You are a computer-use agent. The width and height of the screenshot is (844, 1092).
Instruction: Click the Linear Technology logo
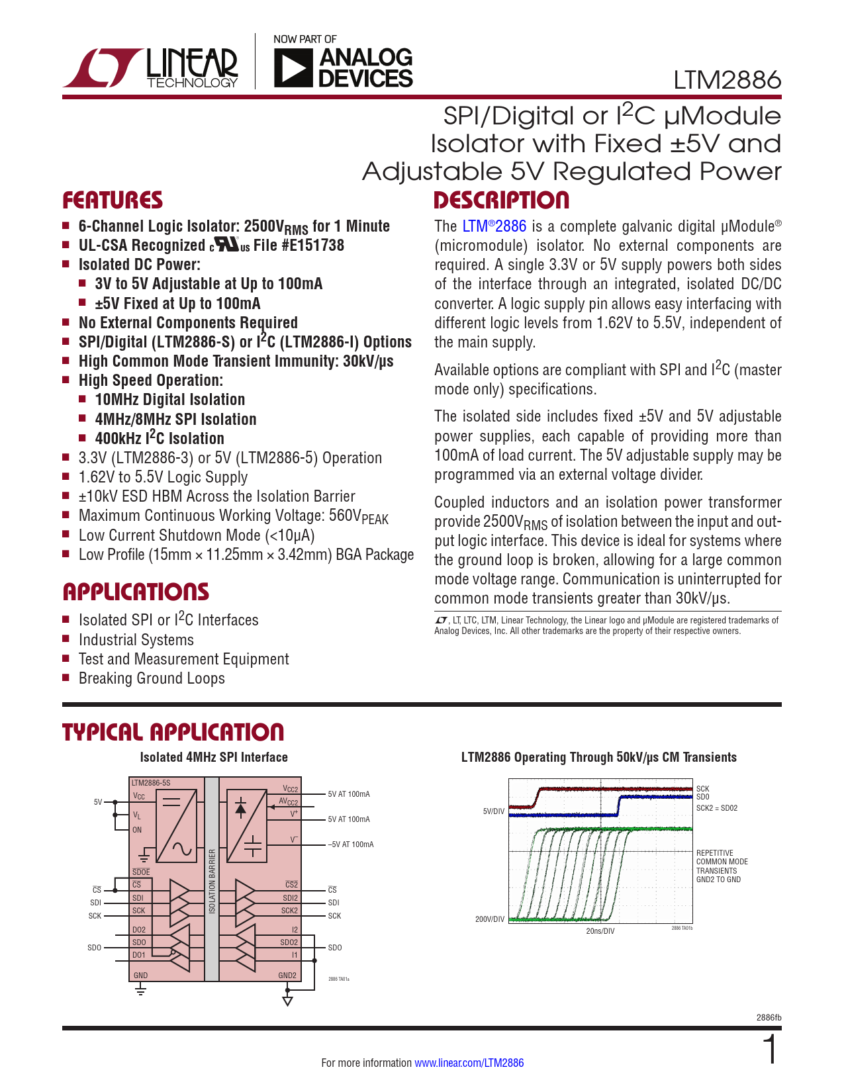pos(150,67)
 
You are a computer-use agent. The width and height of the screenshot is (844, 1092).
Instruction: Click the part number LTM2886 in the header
pos(727,80)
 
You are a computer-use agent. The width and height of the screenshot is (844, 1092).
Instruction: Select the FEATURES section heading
pos(112,201)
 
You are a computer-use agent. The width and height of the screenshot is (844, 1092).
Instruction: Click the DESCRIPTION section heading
pos(501,201)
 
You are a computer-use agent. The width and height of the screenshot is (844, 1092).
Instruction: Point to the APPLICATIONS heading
pos(136,592)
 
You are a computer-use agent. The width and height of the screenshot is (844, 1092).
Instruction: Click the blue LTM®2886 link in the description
pos(494,226)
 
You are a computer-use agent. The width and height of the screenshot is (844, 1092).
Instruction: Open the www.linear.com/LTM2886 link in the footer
pos(469,1063)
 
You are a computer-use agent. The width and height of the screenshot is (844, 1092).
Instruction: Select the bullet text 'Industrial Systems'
pos(136,640)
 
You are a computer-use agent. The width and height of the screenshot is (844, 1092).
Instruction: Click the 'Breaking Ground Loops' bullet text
pos(152,678)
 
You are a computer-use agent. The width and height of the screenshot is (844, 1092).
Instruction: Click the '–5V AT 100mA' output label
pos(351,844)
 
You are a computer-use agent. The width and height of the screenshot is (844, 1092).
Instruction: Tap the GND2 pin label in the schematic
pos(287,975)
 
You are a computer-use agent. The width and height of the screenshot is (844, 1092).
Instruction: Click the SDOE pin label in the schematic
pos(141,872)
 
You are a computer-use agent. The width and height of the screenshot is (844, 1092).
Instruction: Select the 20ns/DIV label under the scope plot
pos(600,931)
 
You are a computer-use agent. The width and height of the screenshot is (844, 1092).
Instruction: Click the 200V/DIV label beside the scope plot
pos(490,919)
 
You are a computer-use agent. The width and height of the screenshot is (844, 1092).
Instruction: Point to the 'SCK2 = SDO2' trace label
pos(716,808)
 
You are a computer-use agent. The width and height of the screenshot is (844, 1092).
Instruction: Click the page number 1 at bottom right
pos(771,1050)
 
